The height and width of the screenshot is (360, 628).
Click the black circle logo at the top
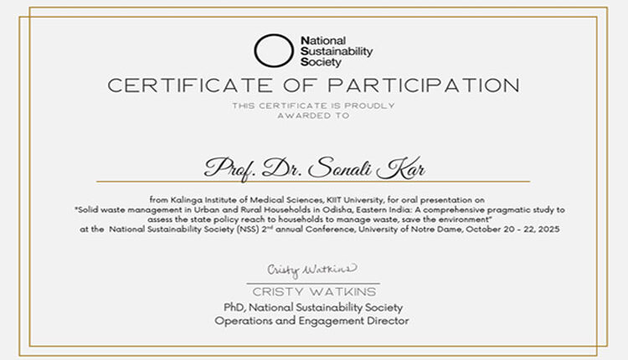coord(274,50)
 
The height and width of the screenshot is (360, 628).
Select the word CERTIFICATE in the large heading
coord(185,85)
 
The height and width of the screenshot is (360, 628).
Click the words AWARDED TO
coord(313,116)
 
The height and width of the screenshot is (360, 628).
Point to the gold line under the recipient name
coord(313,182)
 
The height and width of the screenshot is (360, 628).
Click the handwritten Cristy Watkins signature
coord(312,270)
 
